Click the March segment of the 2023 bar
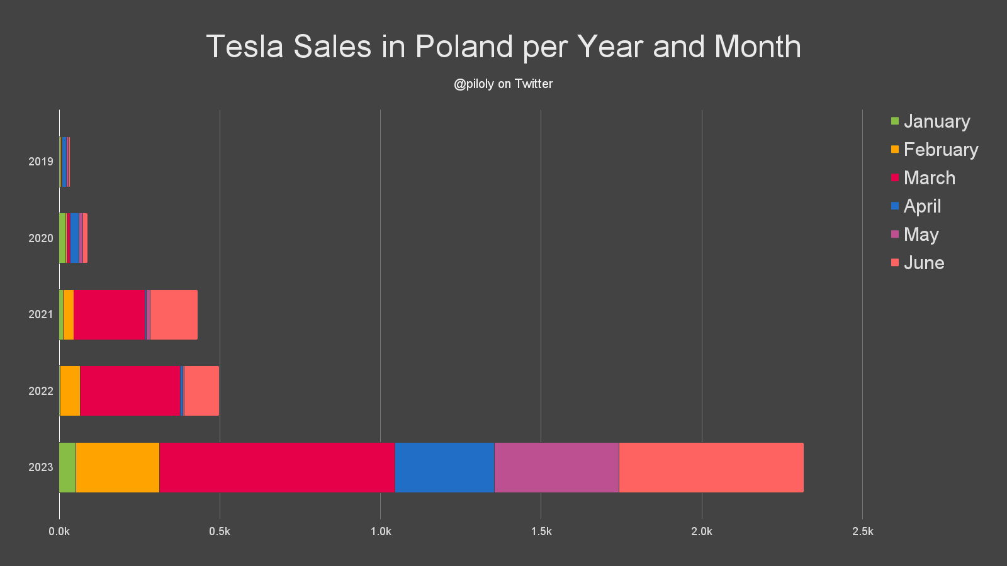[x=277, y=467]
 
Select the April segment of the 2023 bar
[x=444, y=467]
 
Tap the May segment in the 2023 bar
[x=556, y=467]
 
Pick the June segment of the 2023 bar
[x=711, y=467]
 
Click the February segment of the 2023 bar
[x=117, y=467]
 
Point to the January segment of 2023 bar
[x=67, y=467]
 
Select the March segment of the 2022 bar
[x=130, y=391]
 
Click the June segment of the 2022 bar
[x=201, y=391]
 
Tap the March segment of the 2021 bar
[x=109, y=314]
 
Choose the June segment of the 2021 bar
[x=174, y=314]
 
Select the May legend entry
[x=921, y=235]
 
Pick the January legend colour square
[x=895, y=121]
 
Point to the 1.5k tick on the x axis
[x=541, y=531]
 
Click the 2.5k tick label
[x=862, y=531]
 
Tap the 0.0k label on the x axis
[x=59, y=531]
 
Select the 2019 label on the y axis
[x=41, y=162]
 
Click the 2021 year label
[x=41, y=314]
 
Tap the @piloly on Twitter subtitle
[x=503, y=84]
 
